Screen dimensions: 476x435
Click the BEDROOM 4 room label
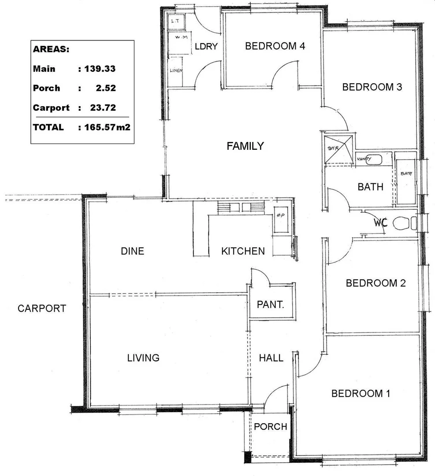pos(275,46)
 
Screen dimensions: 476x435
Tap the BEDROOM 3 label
pos(372,87)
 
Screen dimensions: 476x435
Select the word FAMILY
pos(245,146)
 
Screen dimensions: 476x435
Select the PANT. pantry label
pos(270,305)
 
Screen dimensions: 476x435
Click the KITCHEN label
pos(243,251)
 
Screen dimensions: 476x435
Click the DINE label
pos(132,251)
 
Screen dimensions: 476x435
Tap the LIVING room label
pos(143,358)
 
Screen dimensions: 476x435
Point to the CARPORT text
pos(41,309)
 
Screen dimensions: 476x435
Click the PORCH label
pos(270,427)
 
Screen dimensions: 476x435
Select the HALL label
pos(271,358)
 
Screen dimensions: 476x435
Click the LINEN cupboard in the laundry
pos(176,70)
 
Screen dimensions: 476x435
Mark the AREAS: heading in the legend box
pos(51,49)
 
